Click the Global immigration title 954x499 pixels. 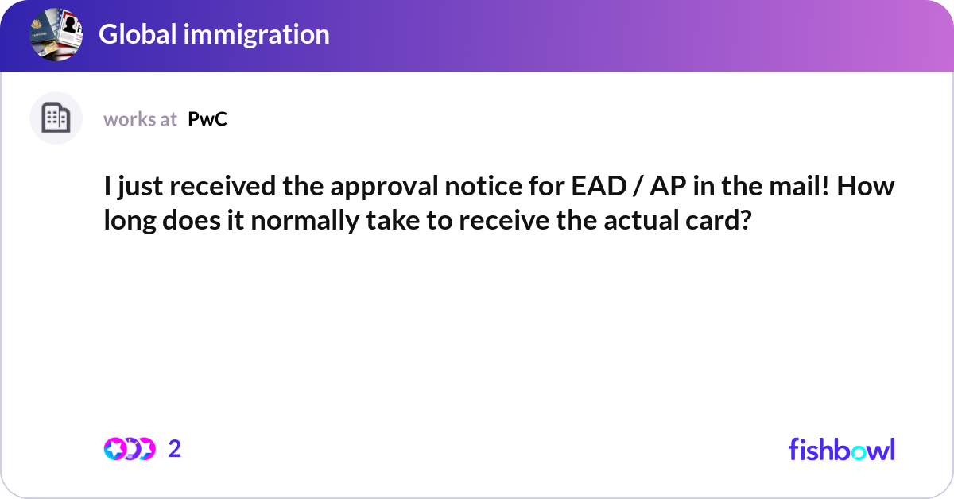pos(214,34)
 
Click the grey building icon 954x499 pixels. pos(56,118)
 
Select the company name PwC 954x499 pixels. pos(207,119)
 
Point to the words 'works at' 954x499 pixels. pos(140,119)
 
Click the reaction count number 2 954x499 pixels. pos(175,449)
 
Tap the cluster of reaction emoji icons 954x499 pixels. pos(129,449)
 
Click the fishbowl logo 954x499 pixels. pos(841,449)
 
